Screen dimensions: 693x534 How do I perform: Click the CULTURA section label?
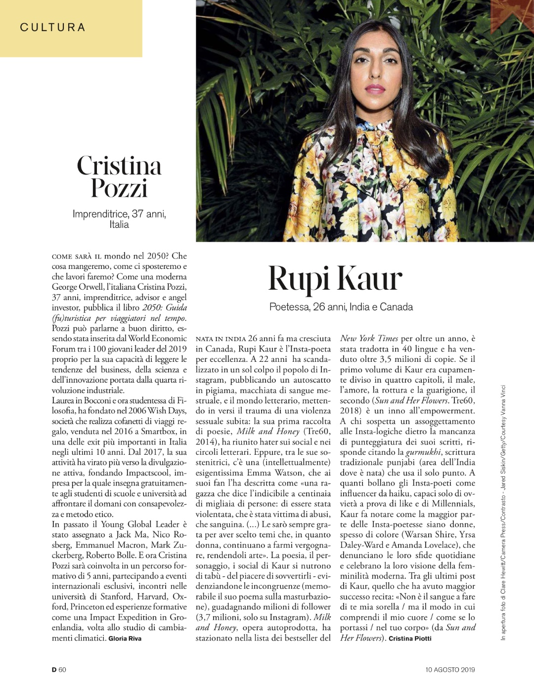tap(52, 27)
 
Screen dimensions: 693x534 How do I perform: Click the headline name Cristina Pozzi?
tap(119, 176)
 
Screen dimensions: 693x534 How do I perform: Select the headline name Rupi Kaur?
tap(335, 278)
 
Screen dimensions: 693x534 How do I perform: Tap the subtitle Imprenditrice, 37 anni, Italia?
tap(119, 219)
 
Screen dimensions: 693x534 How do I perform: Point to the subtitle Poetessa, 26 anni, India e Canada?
tap(341, 306)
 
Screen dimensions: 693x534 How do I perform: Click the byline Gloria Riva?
tap(125, 638)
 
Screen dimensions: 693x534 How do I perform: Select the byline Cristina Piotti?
tap(410, 638)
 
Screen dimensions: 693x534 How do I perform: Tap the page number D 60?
tap(59, 669)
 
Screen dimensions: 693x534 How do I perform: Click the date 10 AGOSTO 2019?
tap(450, 669)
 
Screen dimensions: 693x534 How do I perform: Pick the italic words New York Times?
tap(369, 339)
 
